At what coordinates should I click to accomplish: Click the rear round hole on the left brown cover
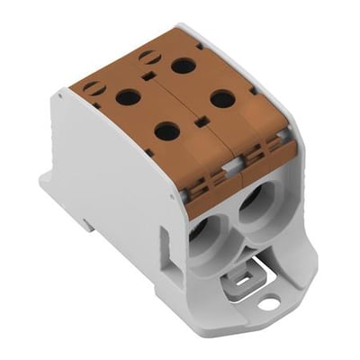click(x=126, y=96)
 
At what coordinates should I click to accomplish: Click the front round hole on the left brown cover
click(x=166, y=131)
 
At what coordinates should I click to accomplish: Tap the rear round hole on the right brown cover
click(x=183, y=65)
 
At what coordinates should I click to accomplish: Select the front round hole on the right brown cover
click(x=223, y=98)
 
